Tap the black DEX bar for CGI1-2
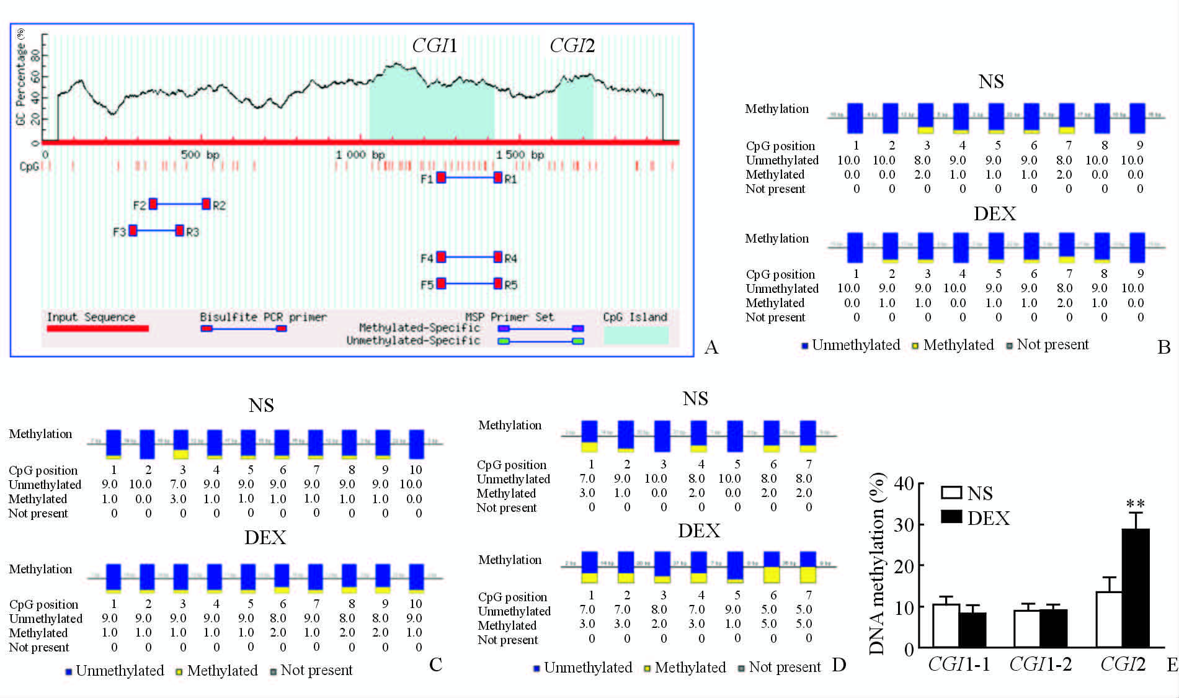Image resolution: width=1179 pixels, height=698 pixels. (1053, 628)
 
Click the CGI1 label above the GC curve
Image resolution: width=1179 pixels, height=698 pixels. (434, 46)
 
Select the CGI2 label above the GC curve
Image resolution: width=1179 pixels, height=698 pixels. (572, 46)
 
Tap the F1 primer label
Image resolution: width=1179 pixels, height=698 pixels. (427, 179)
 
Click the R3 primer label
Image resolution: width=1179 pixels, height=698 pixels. (192, 232)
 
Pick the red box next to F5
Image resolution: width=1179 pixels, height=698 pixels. (441, 284)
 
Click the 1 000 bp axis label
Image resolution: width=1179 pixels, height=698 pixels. (360, 154)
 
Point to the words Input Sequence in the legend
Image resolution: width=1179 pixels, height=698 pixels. (91, 317)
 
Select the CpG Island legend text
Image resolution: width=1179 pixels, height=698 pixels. (635, 317)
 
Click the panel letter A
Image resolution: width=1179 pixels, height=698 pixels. (711, 347)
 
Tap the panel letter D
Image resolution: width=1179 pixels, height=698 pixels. (839, 665)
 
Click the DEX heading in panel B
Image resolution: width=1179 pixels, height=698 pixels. (994, 214)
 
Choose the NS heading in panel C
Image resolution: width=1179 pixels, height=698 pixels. (261, 406)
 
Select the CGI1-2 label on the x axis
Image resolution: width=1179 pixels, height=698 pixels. (1040, 664)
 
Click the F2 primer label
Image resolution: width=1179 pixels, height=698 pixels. (140, 205)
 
